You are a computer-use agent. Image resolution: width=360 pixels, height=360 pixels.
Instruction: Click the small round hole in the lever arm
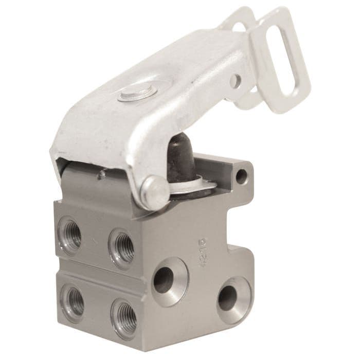[x=236, y=80]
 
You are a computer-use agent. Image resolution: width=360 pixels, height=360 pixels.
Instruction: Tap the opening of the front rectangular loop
[x=283, y=72]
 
